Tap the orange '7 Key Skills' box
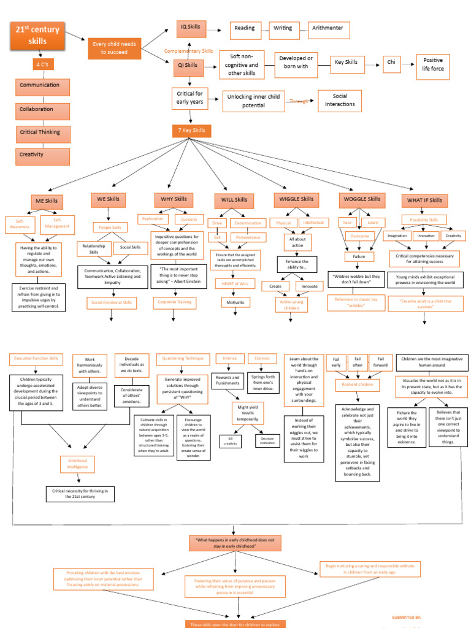(191, 131)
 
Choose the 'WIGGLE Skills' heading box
(297, 200)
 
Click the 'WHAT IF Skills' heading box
(424, 201)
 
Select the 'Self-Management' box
(57, 223)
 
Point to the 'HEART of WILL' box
(235, 283)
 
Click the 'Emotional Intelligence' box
(77, 464)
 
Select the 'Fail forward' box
(380, 362)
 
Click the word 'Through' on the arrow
(299, 101)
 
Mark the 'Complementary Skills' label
(188, 51)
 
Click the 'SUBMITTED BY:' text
(406, 617)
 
